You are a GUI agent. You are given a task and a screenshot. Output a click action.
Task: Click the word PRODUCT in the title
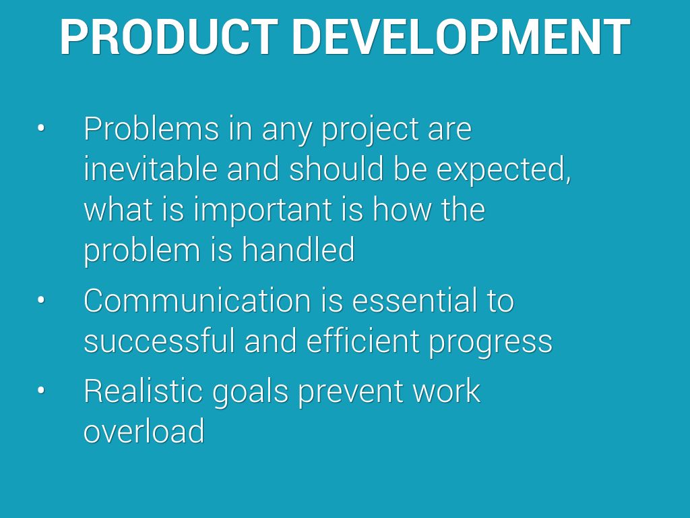pos(168,37)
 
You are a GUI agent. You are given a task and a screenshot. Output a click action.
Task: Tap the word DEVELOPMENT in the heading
pos(461,37)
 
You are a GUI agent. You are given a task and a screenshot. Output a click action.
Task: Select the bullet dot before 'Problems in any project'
pos(41,128)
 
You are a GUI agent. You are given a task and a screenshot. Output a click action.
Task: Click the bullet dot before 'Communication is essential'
pos(41,300)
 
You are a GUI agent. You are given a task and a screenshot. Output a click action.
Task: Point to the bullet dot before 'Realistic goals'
pos(41,391)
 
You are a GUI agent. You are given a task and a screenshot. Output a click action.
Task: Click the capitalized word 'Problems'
pos(151,128)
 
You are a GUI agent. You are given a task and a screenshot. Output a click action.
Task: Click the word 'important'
pos(263,210)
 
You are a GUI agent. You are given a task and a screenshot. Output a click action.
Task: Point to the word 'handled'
pos(298,249)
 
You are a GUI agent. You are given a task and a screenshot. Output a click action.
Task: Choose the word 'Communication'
pos(197,300)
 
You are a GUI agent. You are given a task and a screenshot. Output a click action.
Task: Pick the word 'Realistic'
pos(143,391)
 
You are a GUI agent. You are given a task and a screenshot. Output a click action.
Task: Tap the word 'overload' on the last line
pos(144,430)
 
